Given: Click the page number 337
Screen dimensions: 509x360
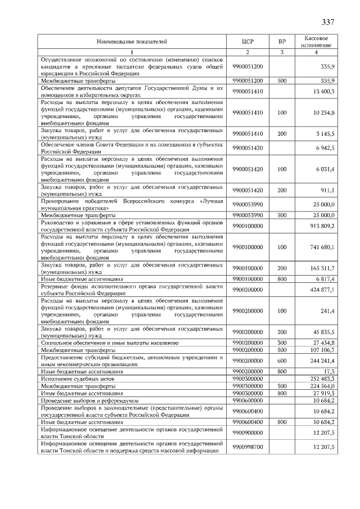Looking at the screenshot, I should (328, 22).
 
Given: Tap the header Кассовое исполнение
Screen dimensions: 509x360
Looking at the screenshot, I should (316, 42).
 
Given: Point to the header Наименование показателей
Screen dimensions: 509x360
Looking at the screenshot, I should (132, 42).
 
